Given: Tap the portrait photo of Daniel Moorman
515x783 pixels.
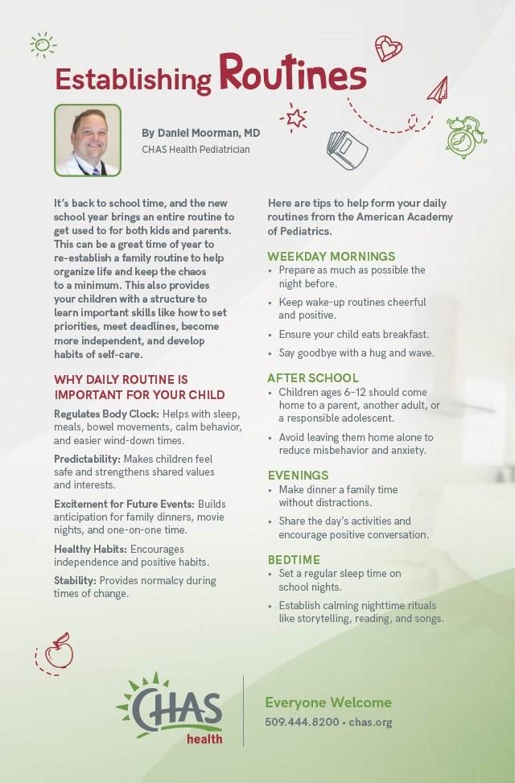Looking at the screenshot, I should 87,140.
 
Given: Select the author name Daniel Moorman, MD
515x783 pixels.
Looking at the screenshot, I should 201,132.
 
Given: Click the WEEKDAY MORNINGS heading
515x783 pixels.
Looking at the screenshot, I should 331,256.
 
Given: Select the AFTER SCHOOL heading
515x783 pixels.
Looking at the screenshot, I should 313,377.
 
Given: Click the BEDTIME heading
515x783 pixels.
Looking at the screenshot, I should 294,558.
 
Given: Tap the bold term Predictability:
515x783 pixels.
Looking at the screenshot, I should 88,458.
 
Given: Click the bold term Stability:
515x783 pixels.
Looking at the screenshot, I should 76,579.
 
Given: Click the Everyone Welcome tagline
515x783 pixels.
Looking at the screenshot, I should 328,703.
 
